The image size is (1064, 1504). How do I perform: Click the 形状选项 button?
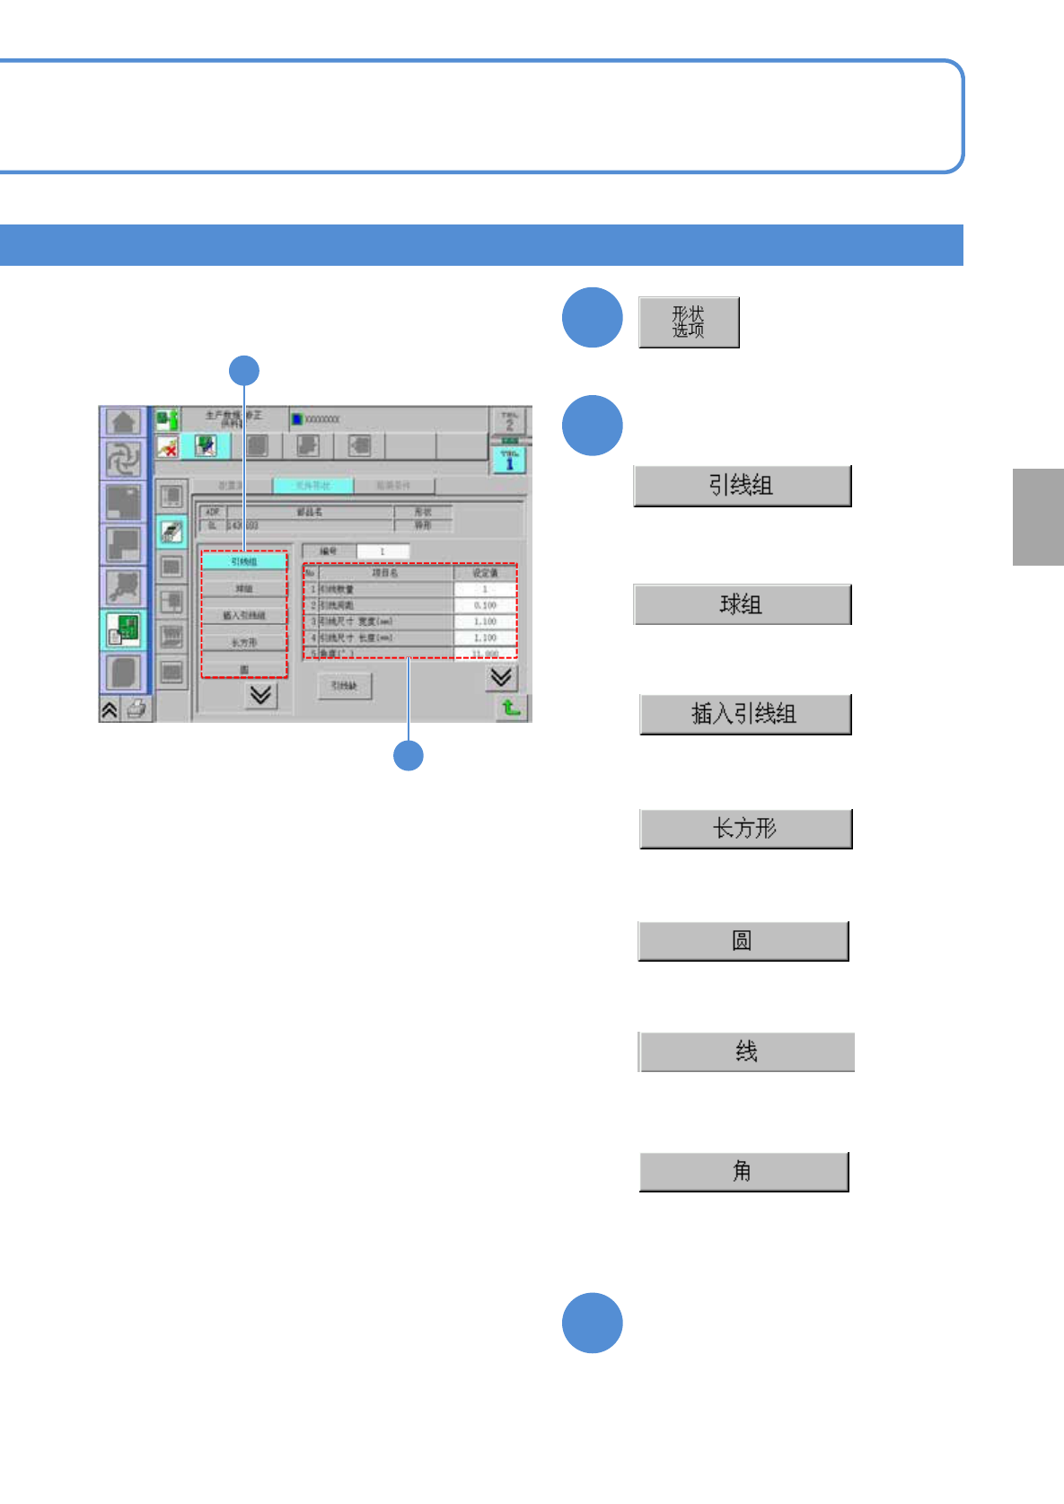pyautogui.click(x=689, y=322)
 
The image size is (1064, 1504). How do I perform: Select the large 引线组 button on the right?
pyautogui.click(x=742, y=486)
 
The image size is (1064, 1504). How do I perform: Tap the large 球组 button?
pyautogui.click(x=742, y=604)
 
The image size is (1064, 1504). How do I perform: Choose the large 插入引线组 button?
pyautogui.click(x=744, y=715)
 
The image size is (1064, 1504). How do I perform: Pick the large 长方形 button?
pyautogui.click(x=745, y=829)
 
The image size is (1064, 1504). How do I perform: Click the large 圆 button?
pyautogui.click(x=743, y=941)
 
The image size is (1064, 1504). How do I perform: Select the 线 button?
pyautogui.click(x=746, y=1051)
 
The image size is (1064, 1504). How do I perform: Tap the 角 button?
pyautogui.click(x=743, y=1172)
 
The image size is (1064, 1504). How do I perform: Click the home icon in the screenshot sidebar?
pyautogui.click(x=123, y=421)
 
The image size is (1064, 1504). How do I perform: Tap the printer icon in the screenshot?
pyautogui.click(x=136, y=709)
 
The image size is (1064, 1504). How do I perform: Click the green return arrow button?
pyautogui.click(x=511, y=708)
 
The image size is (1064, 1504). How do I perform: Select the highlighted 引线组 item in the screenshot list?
pyautogui.click(x=243, y=562)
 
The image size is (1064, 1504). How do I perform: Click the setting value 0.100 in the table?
pyautogui.click(x=485, y=606)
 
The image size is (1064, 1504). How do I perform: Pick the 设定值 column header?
pyautogui.click(x=485, y=573)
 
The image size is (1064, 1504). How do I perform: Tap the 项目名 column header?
pyautogui.click(x=385, y=573)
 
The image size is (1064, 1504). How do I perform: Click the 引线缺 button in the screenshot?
pyautogui.click(x=344, y=686)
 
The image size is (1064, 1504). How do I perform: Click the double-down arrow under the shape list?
pyautogui.click(x=260, y=695)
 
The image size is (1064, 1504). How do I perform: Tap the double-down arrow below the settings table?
pyautogui.click(x=501, y=677)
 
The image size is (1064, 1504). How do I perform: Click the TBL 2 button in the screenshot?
pyautogui.click(x=509, y=420)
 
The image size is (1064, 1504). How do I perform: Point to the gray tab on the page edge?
pyautogui.click(x=1038, y=517)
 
